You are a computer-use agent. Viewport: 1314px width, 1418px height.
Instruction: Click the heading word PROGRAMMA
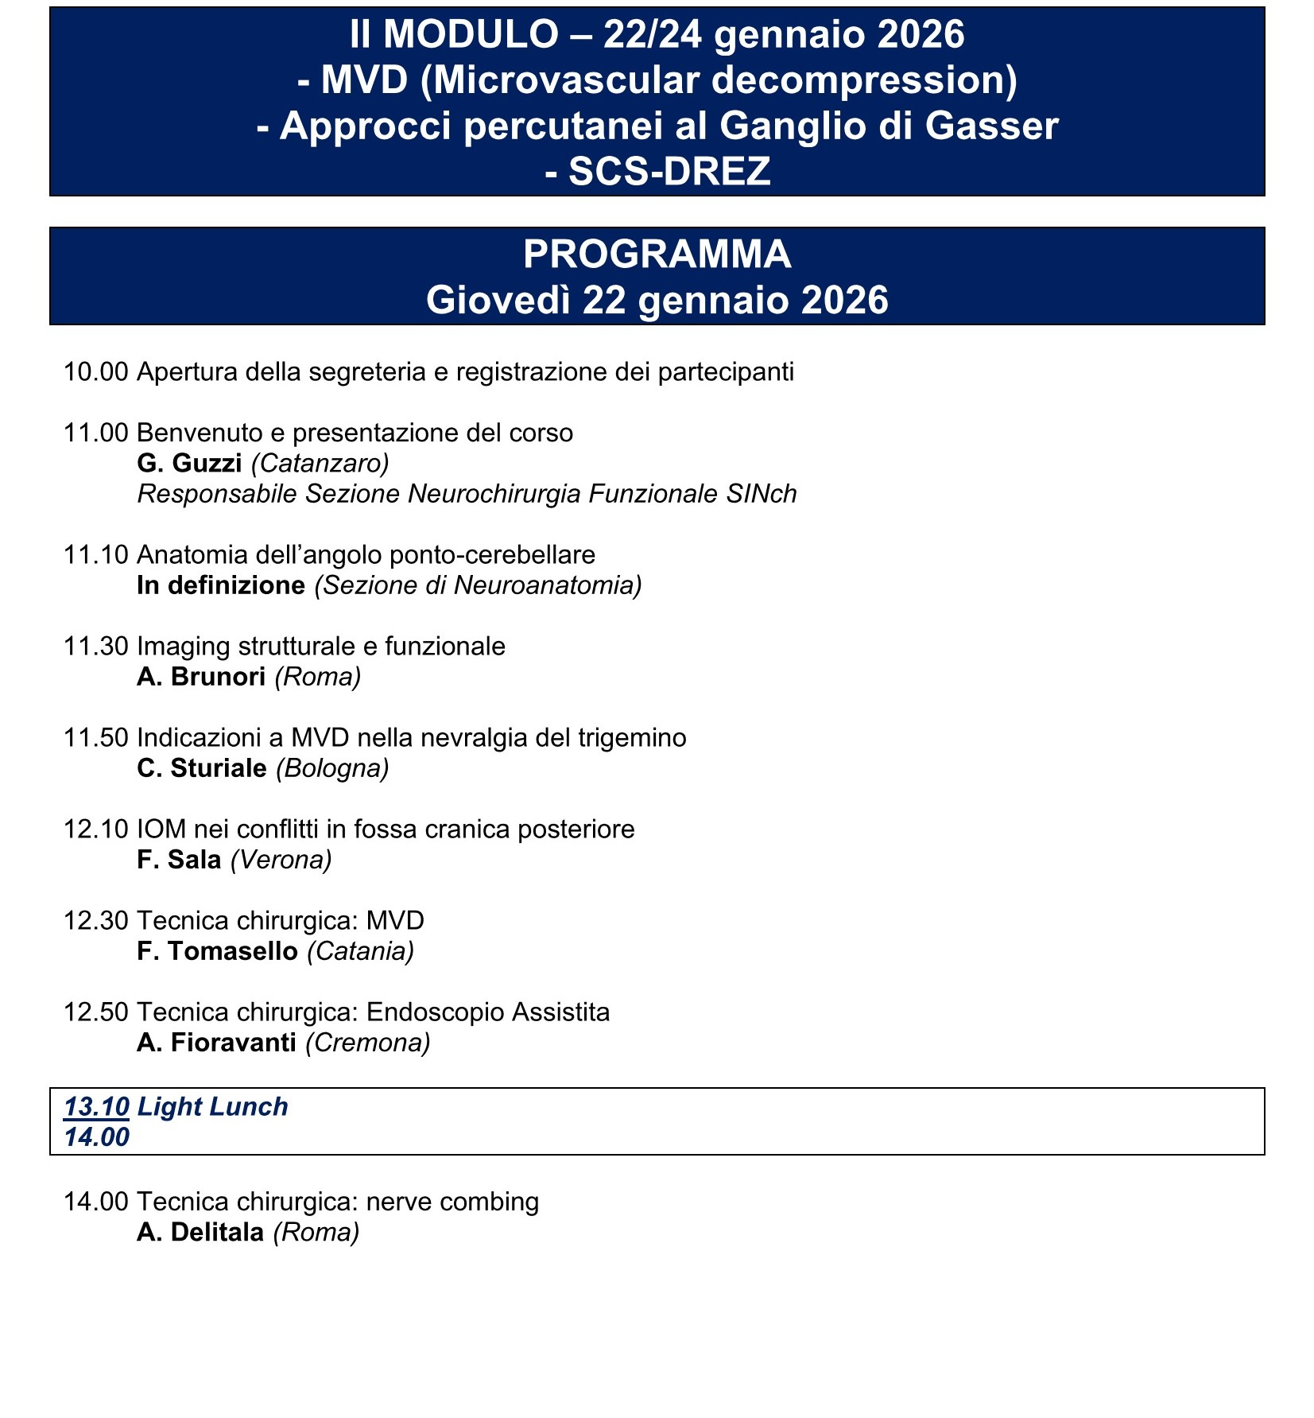pos(657,254)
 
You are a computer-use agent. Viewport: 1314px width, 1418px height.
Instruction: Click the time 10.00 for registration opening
pos(95,372)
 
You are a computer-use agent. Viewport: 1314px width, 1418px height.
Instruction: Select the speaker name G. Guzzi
pos(189,464)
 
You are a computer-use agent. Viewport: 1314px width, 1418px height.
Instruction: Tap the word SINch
pos(761,494)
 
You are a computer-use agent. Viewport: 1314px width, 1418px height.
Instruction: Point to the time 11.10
pos(95,555)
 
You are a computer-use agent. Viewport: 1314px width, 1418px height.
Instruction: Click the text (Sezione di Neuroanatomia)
pos(478,585)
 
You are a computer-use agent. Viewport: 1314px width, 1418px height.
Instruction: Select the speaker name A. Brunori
pos(201,677)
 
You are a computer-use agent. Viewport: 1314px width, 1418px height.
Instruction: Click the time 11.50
pos(95,738)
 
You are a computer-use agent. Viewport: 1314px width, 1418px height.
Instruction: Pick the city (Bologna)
pos(332,768)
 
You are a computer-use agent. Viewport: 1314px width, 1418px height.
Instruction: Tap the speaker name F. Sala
pos(179,860)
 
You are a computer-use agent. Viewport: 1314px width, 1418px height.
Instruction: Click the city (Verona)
pos(281,860)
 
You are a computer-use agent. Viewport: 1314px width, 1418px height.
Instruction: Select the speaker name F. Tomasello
pos(217,951)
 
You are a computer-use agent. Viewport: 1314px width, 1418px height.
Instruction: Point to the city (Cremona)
pos(367,1043)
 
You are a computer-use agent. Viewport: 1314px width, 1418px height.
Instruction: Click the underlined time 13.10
pos(96,1107)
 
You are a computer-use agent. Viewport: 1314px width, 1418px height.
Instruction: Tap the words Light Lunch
pos(213,1107)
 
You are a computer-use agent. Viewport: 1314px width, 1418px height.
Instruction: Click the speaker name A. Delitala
pos(200,1232)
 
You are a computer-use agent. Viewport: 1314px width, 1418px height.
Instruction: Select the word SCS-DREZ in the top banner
pos(669,172)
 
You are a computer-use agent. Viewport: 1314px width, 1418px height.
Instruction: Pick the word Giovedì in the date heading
pos(498,301)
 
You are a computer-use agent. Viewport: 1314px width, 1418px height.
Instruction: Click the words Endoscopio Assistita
pos(488,1012)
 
